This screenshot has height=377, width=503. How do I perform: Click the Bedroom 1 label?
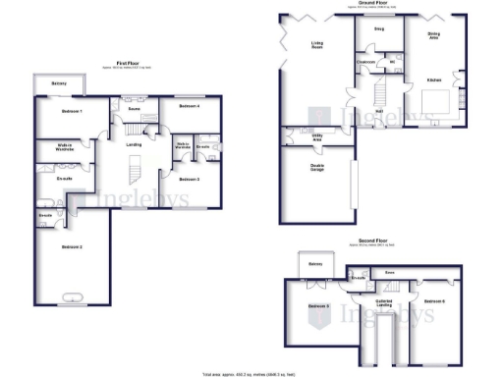point(71,112)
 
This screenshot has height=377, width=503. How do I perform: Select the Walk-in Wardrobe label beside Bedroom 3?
point(183,147)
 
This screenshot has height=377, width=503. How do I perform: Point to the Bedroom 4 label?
point(190,105)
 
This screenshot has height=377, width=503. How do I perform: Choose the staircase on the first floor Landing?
point(136,174)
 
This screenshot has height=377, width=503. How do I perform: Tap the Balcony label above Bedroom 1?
point(59,84)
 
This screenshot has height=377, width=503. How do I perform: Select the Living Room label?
point(317,44)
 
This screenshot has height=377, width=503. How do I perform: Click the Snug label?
point(378,28)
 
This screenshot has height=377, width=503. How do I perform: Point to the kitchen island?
point(436,101)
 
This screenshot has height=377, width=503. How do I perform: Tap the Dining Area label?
point(433,35)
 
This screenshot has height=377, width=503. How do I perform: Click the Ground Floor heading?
point(377,3)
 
